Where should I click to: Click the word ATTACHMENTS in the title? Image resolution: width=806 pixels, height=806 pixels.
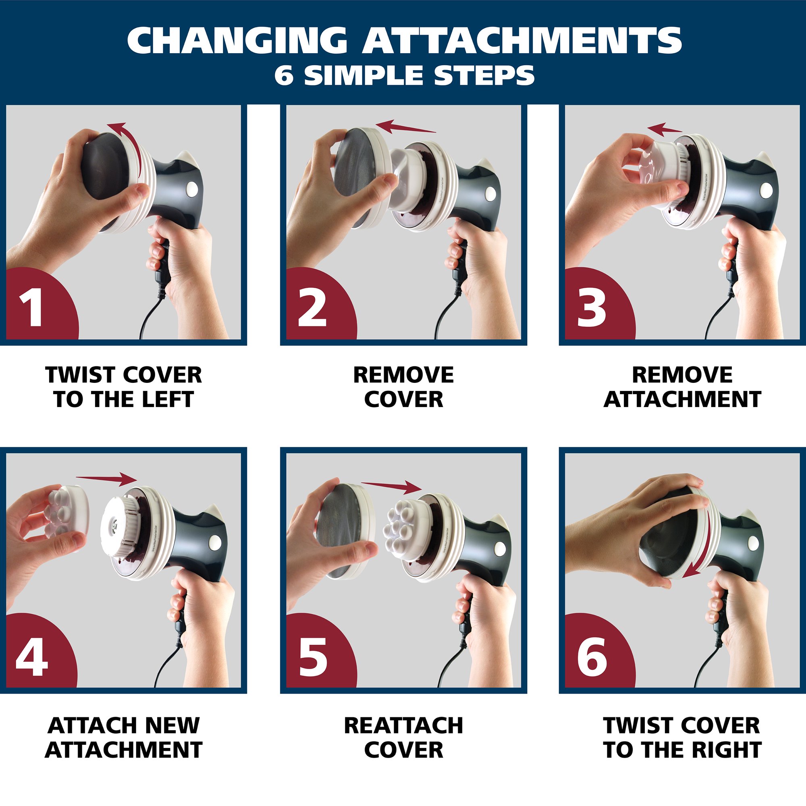pyautogui.click(x=521, y=40)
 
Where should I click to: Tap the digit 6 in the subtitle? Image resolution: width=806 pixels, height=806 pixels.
pyautogui.click(x=284, y=75)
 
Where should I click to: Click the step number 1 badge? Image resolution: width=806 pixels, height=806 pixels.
pyautogui.click(x=42, y=305)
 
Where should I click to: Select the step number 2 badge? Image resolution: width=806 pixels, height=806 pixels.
pyautogui.click(x=321, y=305)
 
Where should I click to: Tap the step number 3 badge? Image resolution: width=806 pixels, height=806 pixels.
pyautogui.click(x=599, y=305)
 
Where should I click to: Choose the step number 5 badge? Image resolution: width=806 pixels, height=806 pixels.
pyautogui.click(x=321, y=654)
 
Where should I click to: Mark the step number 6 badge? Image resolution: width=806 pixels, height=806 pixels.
pyautogui.click(x=599, y=654)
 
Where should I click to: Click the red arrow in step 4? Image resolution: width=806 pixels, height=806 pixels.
pyautogui.click(x=107, y=479)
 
